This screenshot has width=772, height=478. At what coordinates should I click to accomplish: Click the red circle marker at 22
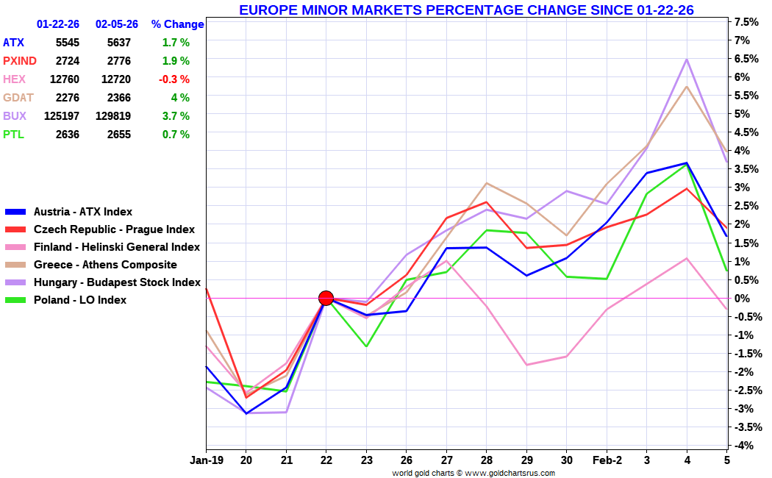tap(326, 298)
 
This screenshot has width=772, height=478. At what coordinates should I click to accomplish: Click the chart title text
tap(466, 10)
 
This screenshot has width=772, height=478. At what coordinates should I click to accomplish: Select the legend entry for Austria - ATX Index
tap(82, 212)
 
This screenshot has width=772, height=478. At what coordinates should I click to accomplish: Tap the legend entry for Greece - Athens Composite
tap(105, 265)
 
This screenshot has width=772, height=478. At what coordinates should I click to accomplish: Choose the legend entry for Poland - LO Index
tap(79, 300)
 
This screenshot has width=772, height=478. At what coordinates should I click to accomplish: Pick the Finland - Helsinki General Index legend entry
tap(116, 247)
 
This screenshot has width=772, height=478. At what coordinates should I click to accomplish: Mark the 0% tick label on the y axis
tap(742, 298)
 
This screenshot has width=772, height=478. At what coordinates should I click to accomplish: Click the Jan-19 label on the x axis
tap(206, 460)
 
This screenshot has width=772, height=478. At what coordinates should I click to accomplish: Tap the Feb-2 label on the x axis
tap(607, 460)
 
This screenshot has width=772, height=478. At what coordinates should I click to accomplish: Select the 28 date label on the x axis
tap(486, 460)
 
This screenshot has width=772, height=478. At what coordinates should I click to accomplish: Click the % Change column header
tap(177, 24)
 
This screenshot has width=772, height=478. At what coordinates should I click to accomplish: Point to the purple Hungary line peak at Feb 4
tap(687, 59)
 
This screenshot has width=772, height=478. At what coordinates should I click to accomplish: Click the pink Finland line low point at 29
tap(526, 365)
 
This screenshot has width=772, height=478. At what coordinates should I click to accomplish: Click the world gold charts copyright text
tap(473, 473)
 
